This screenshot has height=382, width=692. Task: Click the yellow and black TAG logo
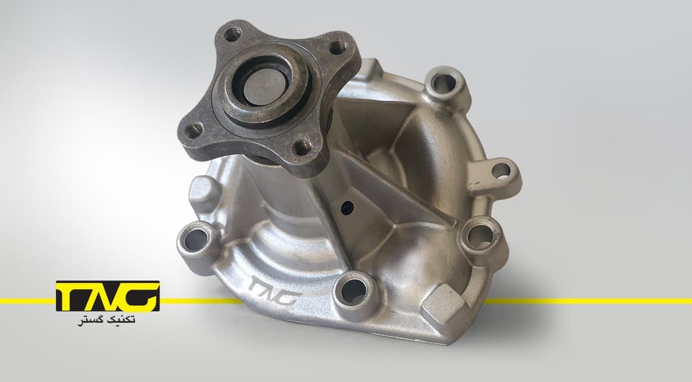click(108, 296)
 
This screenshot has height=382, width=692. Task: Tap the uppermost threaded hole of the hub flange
click(233, 35)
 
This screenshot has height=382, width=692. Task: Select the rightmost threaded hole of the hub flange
click(337, 47)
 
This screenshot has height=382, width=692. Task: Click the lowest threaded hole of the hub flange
click(303, 147)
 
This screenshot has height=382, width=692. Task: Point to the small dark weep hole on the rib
click(348, 207)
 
